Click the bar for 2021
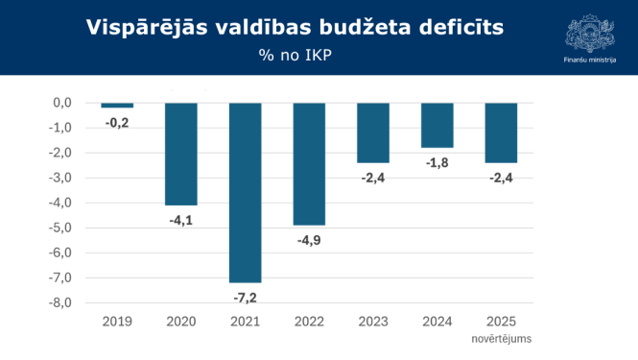tap(245, 192)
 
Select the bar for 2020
tap(181, 154)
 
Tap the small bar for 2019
tap(117, 105)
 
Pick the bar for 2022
tap(309, 163)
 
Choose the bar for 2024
tap(437, 125)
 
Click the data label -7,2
tap(245, 298)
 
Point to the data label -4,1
tap(181, 220)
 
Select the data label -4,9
tap(309, 240)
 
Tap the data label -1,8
tap(437, 162)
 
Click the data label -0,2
tap(117, 122)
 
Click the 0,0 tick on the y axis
tap(61, 103)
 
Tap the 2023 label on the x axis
tap(373, 322)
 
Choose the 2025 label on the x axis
tap(501, 322)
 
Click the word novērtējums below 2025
tap(501, 338)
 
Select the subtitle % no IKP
tap(294, 56)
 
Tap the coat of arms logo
tap(589, 30)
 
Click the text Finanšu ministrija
tap(589, 60)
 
